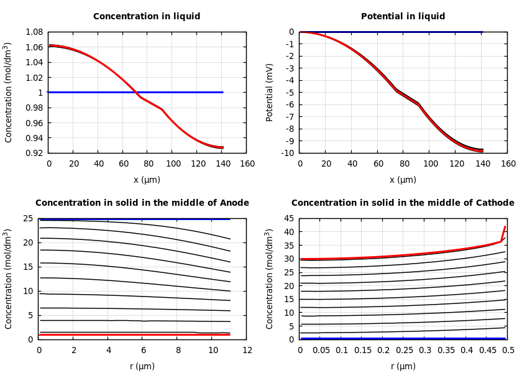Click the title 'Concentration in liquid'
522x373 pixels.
click(x=147, y=17)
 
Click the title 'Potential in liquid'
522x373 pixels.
click(x=403, y=17)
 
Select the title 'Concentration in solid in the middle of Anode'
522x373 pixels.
click(x=142, y=203)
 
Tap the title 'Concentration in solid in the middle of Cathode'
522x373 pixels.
click(x=403, y=203)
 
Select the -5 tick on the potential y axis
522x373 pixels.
click(x=290, y=92)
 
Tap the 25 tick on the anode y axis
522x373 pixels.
click(x=27, y=218)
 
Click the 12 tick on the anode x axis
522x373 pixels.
click(x=247, y=351)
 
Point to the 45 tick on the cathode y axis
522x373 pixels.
click(x=288, y=218)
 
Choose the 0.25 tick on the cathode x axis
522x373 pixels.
click(x=404, y=351)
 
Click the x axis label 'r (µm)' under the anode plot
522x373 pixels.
click(x=142, y=366)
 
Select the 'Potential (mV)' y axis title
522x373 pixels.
click(x=270, y=92)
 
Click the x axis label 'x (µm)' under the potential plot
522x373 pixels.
click(x=403, y=180)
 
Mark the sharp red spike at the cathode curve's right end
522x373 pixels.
click(x=505, y=228)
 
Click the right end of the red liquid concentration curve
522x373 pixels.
click(x=222, y=148)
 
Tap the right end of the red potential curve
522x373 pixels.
click(x=482, y=151)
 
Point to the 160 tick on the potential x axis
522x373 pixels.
click(x=508, y=164)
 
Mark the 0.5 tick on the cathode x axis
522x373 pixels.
click(x=508, y=351)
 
